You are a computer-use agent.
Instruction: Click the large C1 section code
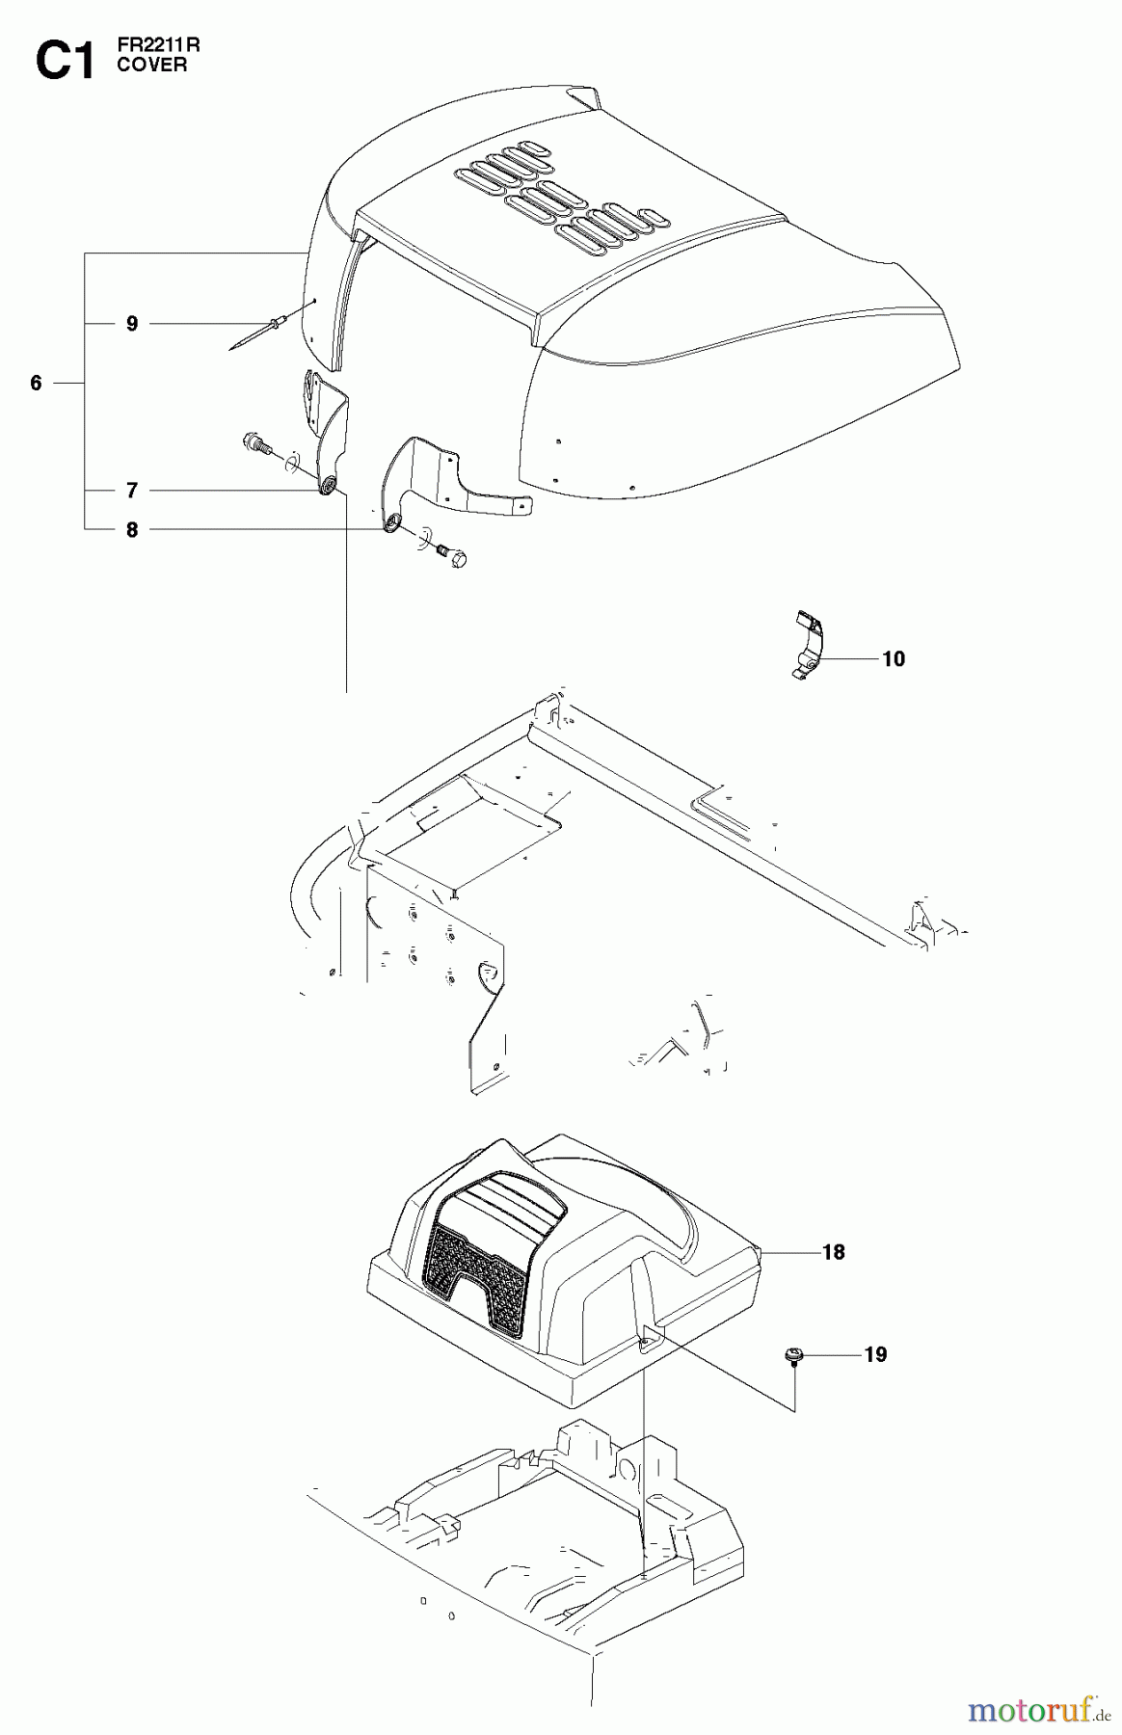pos(66,61)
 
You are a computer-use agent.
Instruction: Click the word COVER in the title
pos(152,66)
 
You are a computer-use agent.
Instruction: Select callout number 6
pos(37,384)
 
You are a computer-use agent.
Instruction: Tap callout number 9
pos(132,324)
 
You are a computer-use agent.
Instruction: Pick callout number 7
pos(132,491)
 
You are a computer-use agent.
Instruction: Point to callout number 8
pos(132,530)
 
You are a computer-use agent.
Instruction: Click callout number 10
pos(894,659)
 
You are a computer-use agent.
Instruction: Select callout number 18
pos(833,1252)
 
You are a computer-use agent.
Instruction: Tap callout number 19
pos(875,1354)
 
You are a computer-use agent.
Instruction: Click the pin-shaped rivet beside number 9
pos(256,334)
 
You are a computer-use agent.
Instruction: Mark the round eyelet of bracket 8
pos(392,523)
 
